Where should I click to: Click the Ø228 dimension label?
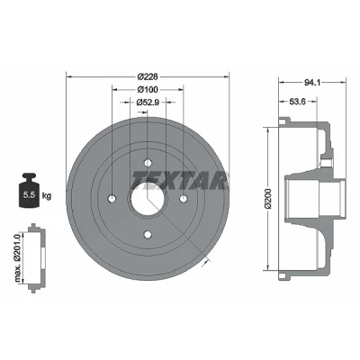[148, 76]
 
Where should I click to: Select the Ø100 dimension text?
[148, 89]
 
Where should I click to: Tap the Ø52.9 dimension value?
[148, 103]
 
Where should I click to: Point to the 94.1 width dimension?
[312, 82]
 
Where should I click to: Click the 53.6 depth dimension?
[297, 102]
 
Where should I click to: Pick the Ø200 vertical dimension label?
[267, 199]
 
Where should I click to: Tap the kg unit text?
[47, 196]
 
